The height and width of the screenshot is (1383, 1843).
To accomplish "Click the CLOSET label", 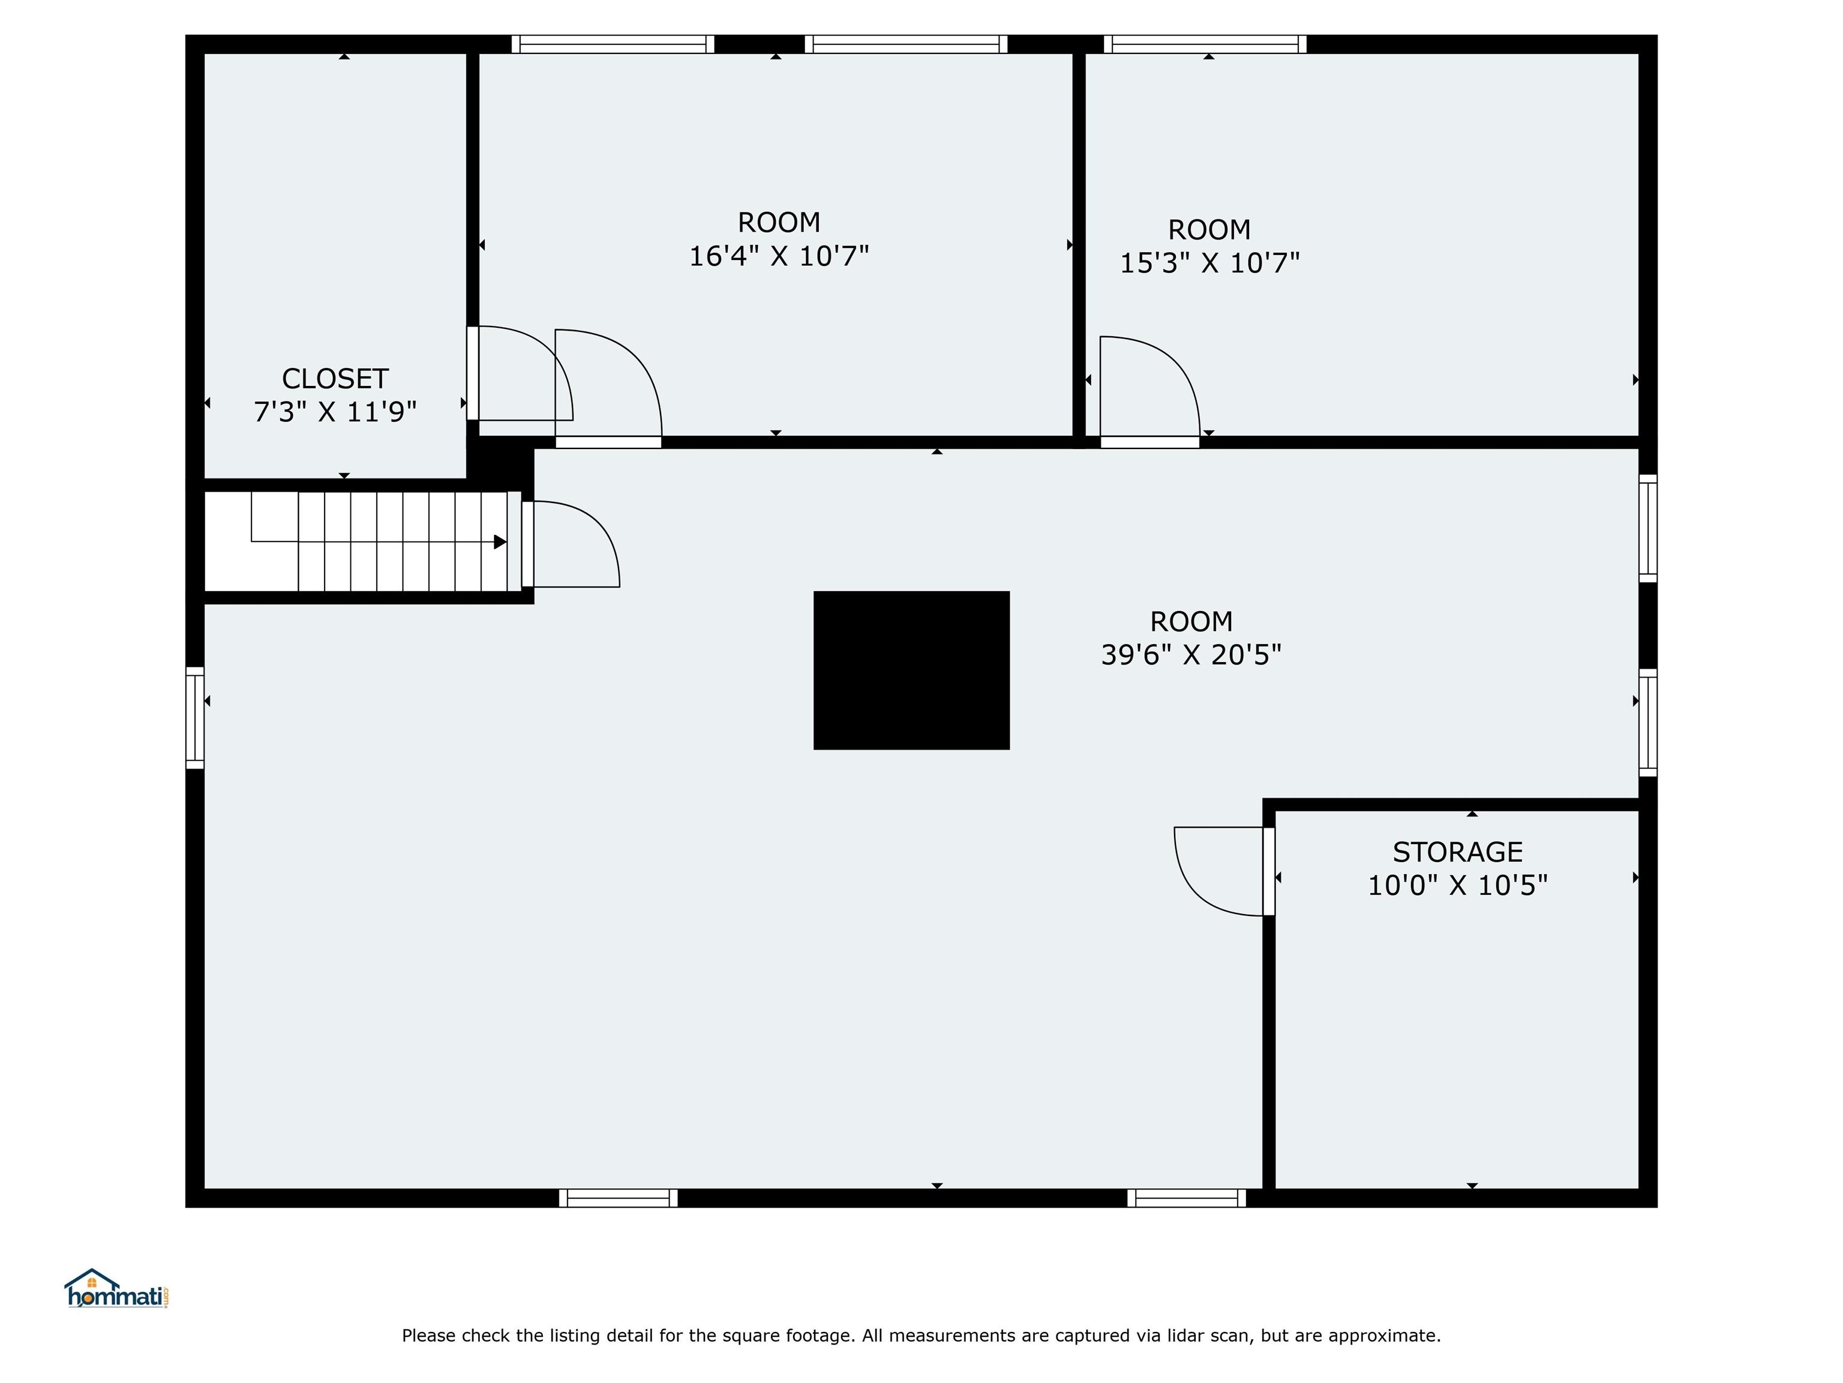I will click(x=335, y=379).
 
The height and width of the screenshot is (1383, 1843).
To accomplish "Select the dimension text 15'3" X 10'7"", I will click(x=1209, y=264).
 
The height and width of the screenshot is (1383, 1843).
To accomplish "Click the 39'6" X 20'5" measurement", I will click(x=1191, y=655).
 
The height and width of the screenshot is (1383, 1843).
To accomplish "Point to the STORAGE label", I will click(x=1457, y=852).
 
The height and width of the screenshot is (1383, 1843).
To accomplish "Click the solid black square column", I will click(x=911, y=670).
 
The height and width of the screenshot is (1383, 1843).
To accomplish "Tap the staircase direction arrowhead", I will click(x=500, y=542).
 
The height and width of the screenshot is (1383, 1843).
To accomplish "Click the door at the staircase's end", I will click(x=575, y=543).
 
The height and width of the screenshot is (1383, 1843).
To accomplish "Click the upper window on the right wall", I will click(x=1647, y=528).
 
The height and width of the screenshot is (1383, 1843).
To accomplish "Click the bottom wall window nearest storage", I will click(x=1187, y=1198).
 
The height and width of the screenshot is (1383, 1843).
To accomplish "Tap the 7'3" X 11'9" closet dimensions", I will click(x=335, y=412).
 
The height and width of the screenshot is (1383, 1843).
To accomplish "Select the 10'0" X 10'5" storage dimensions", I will click(x=1457, y=885).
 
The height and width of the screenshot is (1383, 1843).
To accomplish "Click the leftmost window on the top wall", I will click(x=613, y=44).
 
